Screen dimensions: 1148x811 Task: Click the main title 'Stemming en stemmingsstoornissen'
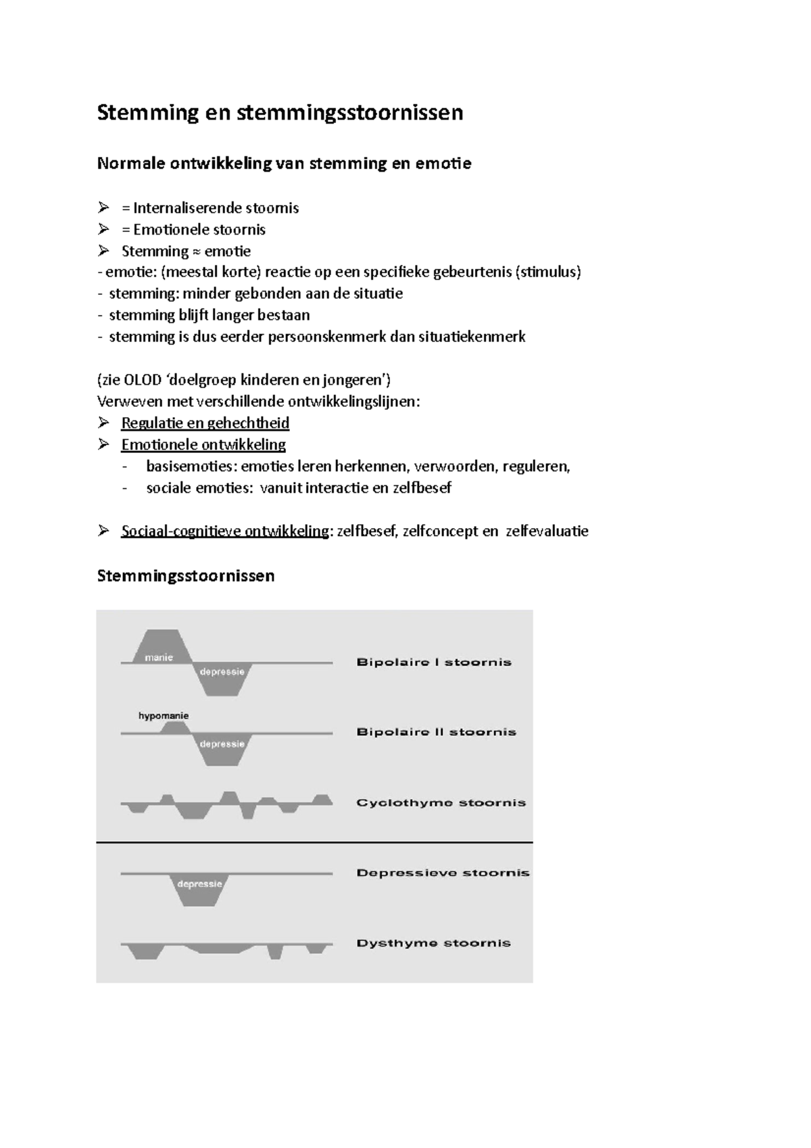pos(280,112)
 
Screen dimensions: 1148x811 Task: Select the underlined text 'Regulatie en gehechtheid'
pos(205,423)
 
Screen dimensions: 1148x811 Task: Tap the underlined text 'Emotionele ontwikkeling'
pos(203,445)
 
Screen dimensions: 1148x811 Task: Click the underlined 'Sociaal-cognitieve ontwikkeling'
pos(225,531)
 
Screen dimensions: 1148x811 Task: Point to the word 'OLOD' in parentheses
pos(143,380)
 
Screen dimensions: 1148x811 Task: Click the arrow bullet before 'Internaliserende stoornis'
pos(103,208)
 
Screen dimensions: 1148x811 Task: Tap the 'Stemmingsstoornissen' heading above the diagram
pos(186,576)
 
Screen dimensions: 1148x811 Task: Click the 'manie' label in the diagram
pos(159,657)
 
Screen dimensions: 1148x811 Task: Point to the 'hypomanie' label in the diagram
pos(164,715)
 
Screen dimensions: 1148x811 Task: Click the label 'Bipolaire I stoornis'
pos(434,663)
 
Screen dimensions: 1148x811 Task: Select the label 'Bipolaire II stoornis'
pos(436,732)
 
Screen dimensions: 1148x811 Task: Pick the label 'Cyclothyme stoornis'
pos(441,803)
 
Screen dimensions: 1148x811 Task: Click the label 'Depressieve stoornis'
pos(443,873)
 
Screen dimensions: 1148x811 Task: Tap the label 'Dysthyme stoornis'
pos(433,943)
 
